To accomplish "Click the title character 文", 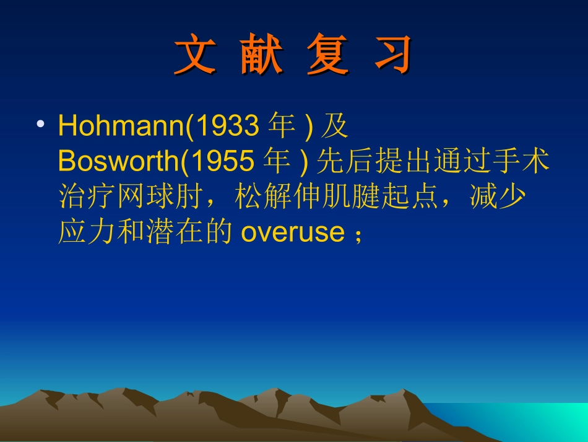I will tap(194, 55).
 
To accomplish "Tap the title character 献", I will tap(261, 55).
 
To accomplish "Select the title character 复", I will tap(327, 55).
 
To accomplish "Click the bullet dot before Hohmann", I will tap(40, 125).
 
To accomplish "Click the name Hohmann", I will tap(121, 126).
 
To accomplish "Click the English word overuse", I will tap(292, 232).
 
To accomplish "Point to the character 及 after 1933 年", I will tap(335, 126).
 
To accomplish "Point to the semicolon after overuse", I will tap(357, 234).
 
